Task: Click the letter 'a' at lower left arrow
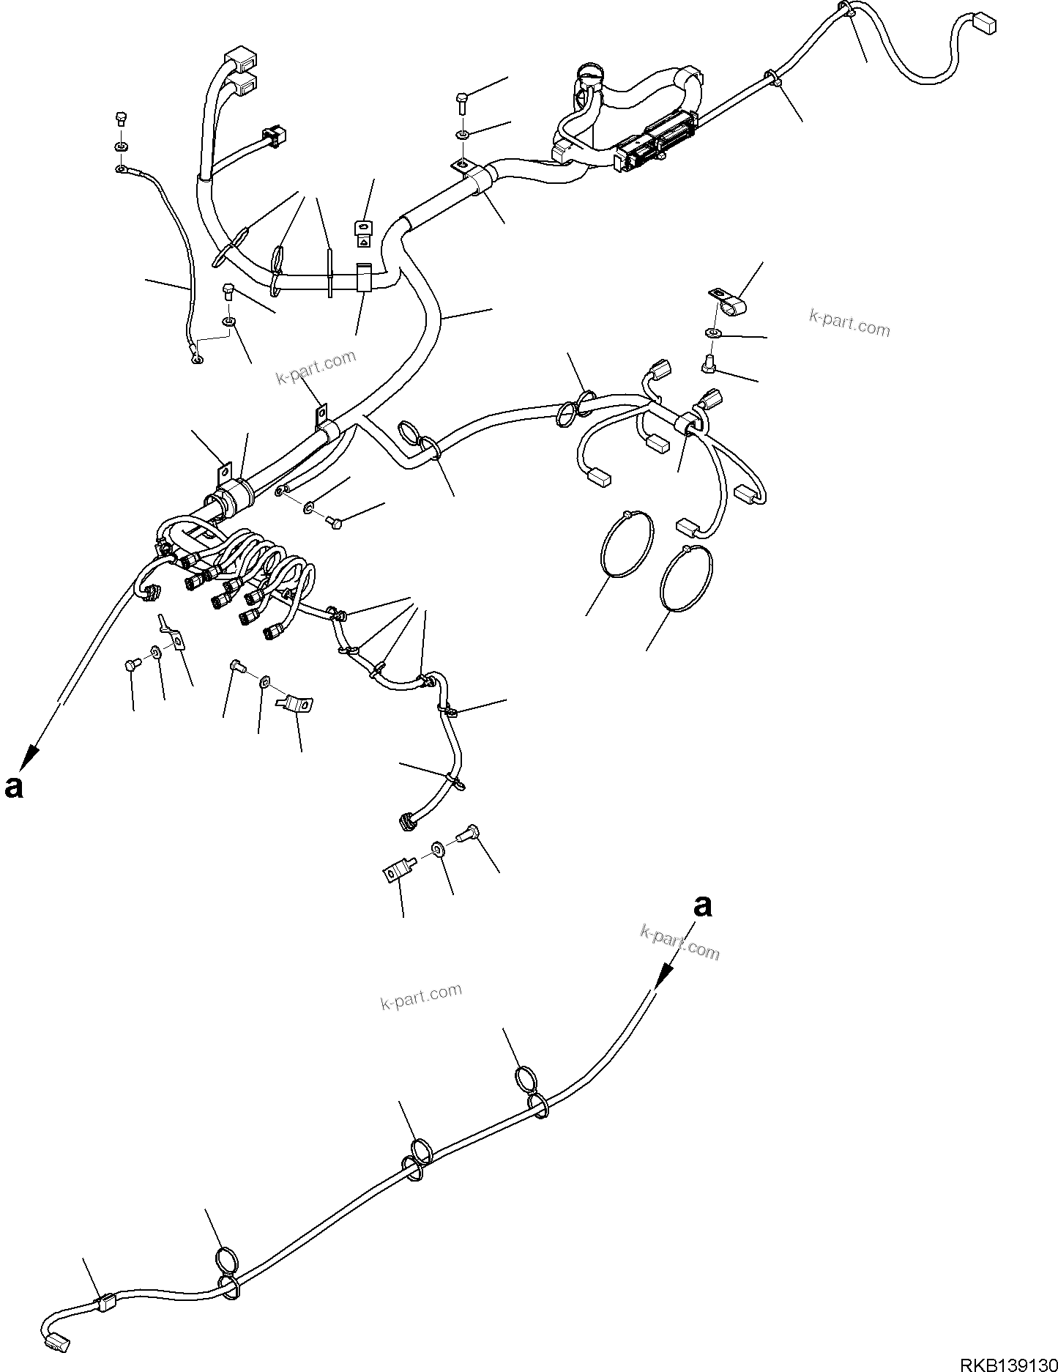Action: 14,786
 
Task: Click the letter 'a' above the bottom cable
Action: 702,905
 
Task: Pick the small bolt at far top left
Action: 122,118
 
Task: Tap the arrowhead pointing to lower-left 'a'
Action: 30,757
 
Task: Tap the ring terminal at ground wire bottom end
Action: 196,358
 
